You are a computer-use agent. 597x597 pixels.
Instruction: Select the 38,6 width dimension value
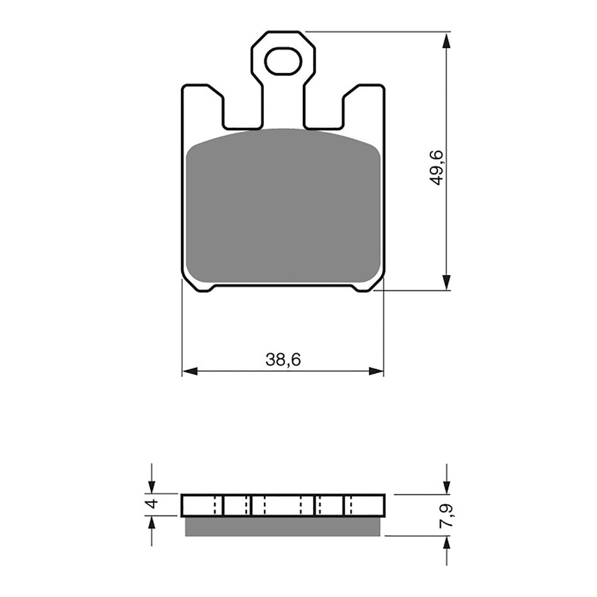[x=283, y=360]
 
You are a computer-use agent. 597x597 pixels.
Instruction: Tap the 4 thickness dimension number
[x=150, y=504]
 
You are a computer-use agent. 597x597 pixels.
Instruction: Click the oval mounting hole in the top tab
[x=283, y=62]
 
